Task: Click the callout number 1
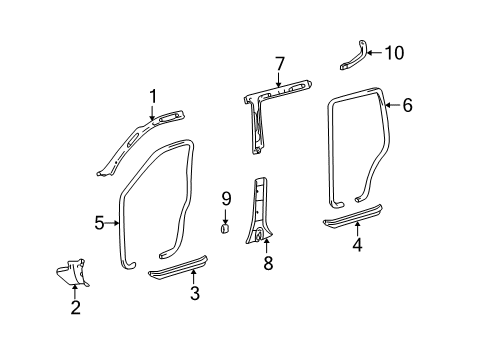153,96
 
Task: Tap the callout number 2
75,307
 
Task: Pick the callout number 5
100,223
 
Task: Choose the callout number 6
407,104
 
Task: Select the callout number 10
394,53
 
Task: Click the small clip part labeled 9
226,229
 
